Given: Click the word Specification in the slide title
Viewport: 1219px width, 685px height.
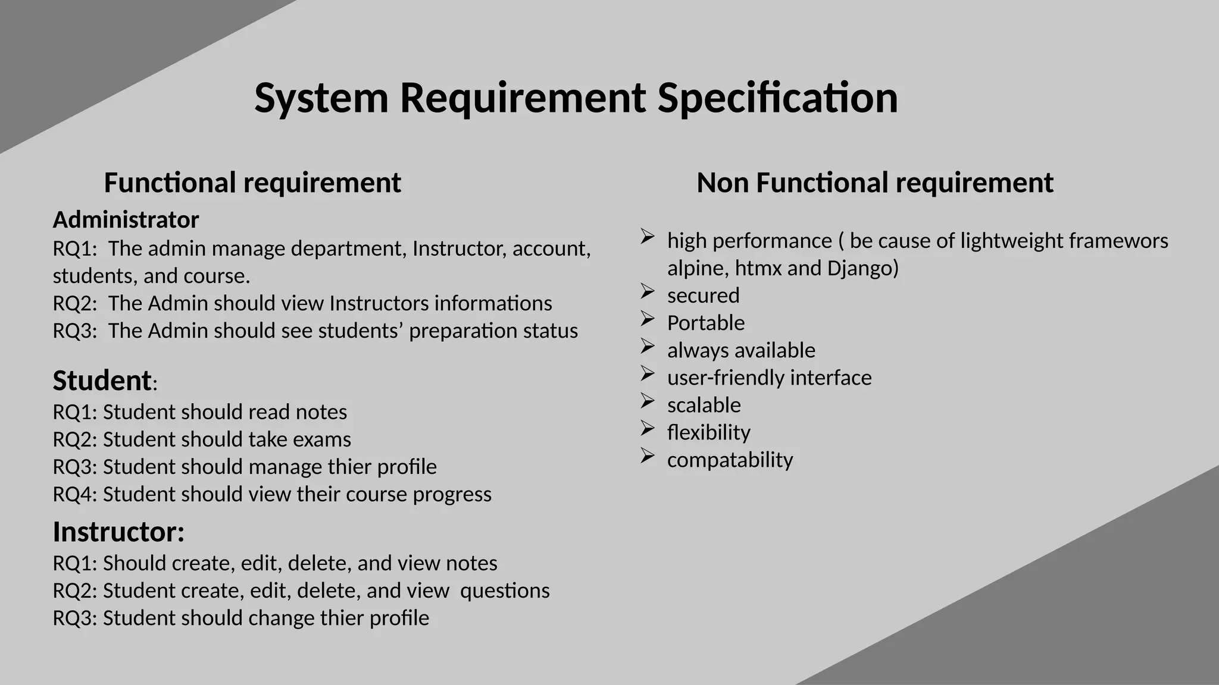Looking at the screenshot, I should [x=777, y=98].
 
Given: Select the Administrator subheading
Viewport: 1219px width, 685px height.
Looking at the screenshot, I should [x=126, y=220].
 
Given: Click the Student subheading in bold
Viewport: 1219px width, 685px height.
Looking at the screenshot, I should [x=102, y=381].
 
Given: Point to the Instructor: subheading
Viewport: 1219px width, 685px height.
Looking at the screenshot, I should [x=118, y=532].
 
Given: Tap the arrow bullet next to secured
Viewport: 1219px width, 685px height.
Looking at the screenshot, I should [x=648, y=291].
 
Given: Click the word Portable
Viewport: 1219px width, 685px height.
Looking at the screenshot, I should [x=705, y=323].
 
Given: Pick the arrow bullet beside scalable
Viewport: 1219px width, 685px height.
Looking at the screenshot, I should [x=648, y=401].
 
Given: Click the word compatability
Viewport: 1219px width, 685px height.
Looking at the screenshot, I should [x=730, y=460].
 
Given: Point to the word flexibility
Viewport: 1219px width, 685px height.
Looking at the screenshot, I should [x=708, y=432].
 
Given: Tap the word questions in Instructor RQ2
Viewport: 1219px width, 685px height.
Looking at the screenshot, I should [x=505, y=590].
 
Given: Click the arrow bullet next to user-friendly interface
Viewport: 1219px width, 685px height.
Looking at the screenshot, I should [x=648, y=373].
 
